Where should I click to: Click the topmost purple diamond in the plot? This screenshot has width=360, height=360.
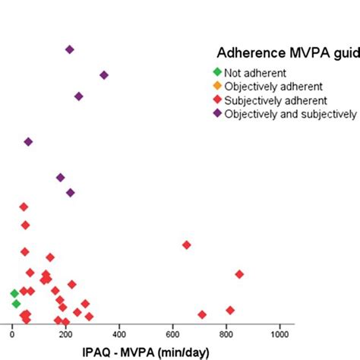pyautogui.click(x=70, y=49)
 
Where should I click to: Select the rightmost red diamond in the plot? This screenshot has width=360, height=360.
pyautogui.click(x=239, y=274)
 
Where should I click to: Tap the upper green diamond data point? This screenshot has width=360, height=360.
pyautogui.click(x=14, y=293)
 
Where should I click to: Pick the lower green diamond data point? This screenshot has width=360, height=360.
pyautogui.click(x=16, y=304)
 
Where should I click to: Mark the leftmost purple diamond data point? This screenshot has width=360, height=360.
pyautogui.click(x=28, y=142)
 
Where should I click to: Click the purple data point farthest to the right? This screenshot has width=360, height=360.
pyautogui.click(x=104, y=75)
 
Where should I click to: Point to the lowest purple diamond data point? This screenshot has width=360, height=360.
pyautogui.click(x=71, y=192)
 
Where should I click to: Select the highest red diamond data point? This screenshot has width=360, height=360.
pyautogui.click(x=24, y=207)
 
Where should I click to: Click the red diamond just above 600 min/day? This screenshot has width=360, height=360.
pyautogui.click(x=186, y=245)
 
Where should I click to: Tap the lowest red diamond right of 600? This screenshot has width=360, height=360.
pyautogui.click(x=202, y=314)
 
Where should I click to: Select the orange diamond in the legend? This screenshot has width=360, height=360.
pyautogui.click(x=217, y=87)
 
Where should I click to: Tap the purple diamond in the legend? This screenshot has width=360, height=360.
pyautogui.click(x=217, y=114)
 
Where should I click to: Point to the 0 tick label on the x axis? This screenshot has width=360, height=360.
pyautogui.click(x=11, y=333)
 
